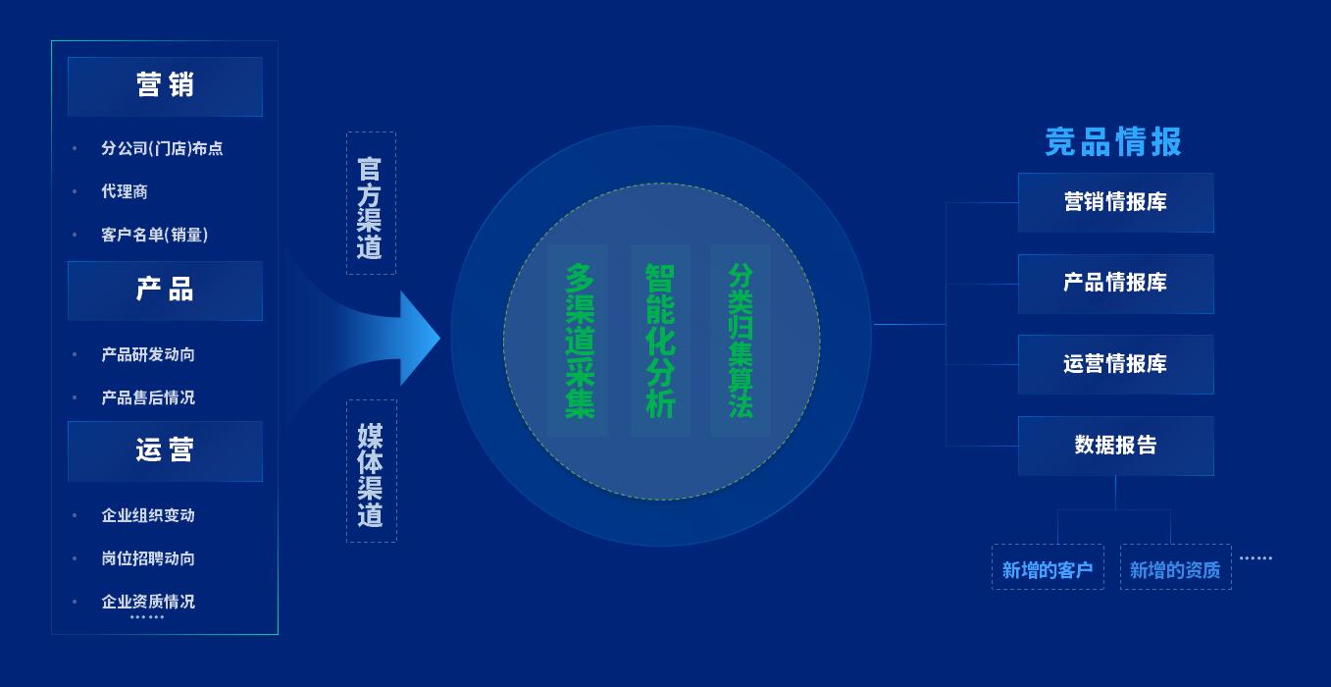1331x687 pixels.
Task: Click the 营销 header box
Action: coord(165,86)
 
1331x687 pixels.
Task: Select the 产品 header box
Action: coord(165,291)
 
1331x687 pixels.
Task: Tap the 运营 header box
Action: coord(165,450)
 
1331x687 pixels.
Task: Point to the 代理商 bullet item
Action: coord(125,191)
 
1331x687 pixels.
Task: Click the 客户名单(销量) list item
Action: coord(155,235)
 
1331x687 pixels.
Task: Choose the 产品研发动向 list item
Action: coord(148,354)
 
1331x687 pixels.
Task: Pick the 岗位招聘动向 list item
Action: coord(148,558)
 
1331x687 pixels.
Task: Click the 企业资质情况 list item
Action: coord(148,602)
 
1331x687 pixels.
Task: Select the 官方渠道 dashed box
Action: coord(371,203)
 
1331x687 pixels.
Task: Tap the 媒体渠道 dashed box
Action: coord(372,471)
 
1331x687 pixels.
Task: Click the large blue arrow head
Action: coord(419,338)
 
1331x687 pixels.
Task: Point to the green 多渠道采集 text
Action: coord(580,341)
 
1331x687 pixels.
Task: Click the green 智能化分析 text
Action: coord(660,341)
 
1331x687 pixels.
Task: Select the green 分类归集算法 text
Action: coord(741,341)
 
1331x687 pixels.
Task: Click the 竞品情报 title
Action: coord(1113,142)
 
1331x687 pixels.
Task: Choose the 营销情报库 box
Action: coord(1116,202)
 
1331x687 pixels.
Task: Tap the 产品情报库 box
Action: coord(1116,284)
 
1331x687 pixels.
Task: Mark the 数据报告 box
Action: coord(1116,446)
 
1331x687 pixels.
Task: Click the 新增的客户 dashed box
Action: coord(1048,567)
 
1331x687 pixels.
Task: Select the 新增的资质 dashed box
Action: coord(1176,567)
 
